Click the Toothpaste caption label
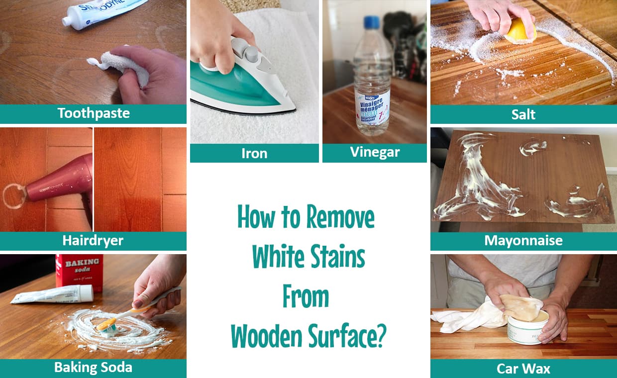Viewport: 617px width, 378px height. [94, 113]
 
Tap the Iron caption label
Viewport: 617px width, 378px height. [254, 153]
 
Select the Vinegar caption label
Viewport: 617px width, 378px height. [375, 152]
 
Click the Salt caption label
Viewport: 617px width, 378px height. [523, 114]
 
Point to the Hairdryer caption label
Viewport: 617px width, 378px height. [93, 241]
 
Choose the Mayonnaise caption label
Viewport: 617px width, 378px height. [523, 241]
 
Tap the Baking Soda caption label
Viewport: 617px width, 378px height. [93, 368]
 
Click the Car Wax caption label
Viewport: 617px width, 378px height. [523, 369]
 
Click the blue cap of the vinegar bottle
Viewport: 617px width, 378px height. [371, 23]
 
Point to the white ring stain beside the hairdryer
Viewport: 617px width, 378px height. [14, 196]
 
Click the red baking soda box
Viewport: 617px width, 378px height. [80, 271]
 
